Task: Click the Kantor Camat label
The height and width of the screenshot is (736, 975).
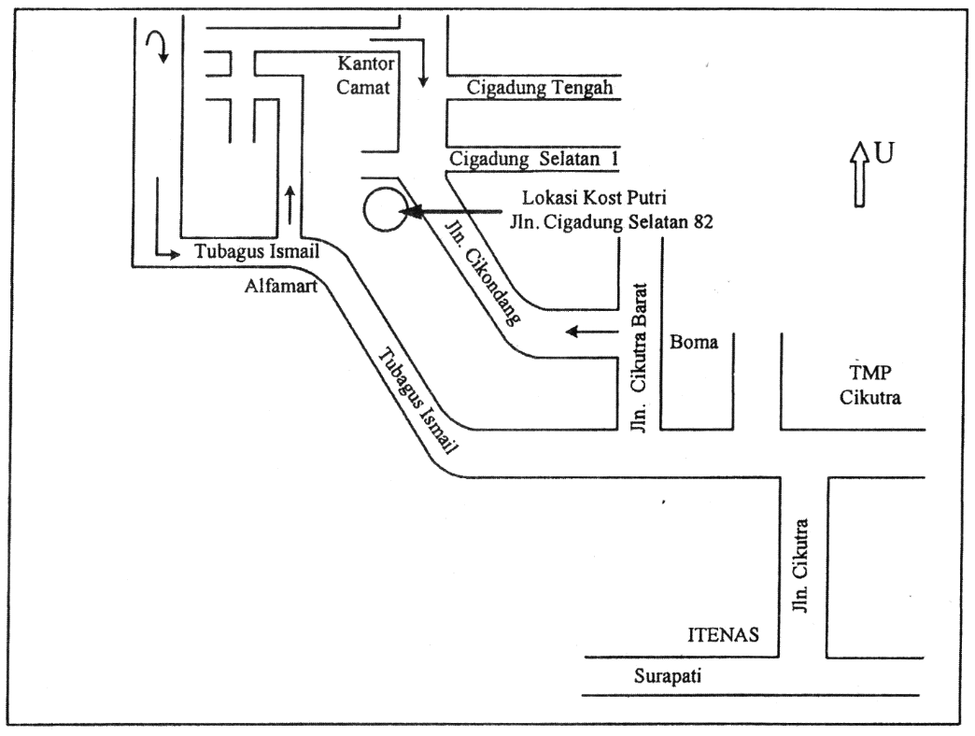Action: pos(365,75)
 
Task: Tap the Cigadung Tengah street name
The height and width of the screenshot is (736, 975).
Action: pos(540,87)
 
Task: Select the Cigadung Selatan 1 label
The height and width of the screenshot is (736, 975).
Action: pos(533,159)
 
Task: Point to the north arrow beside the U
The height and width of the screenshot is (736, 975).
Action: pos(859,174)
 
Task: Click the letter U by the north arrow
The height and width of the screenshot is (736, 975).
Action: pos(884,152)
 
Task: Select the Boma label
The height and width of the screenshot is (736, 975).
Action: pos(693,342)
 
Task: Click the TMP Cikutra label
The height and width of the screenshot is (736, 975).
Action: pos(869,385)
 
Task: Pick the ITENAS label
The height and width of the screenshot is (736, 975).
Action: pos(723,634)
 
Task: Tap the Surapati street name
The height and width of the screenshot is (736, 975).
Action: pos(667,676)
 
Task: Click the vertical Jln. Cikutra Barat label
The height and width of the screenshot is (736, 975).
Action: pos(639,357)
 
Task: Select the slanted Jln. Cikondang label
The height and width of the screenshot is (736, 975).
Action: pos(483,271)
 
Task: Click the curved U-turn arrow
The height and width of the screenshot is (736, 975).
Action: pos(157,45)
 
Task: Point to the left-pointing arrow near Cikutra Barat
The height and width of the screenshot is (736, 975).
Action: pos(592,332)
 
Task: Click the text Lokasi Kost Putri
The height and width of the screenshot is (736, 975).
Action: pos(594,198)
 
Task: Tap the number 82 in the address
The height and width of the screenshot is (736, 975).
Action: pos(702,221)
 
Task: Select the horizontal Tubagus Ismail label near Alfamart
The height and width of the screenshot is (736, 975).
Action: pos(257,251)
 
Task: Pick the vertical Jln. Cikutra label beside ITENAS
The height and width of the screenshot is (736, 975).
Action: pos(801,566)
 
